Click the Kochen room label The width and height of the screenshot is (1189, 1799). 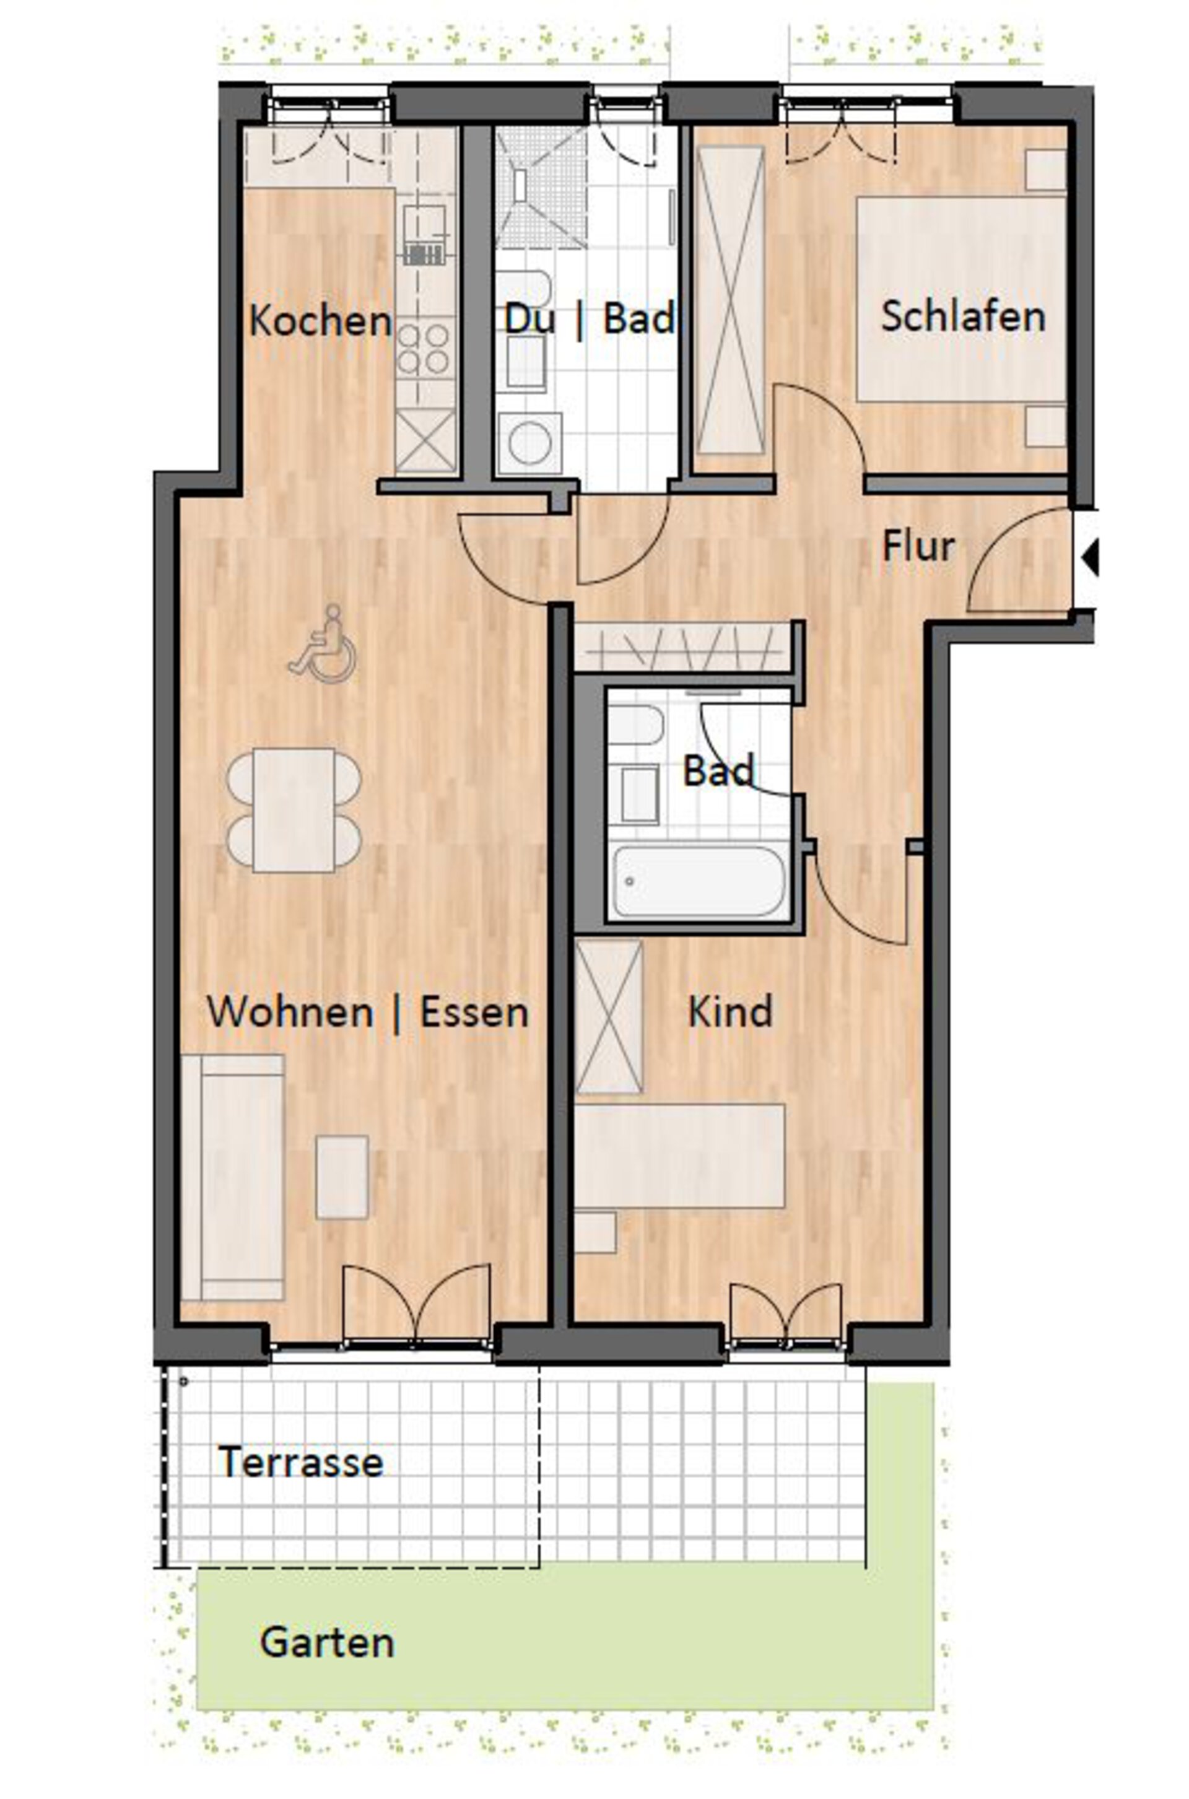coord(321,321)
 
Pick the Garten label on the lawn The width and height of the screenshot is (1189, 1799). coord(327,1643)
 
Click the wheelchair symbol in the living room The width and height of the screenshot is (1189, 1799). coord(322,643)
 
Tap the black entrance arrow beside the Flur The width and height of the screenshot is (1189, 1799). coord(1091,558)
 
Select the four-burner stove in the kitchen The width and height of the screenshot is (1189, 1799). coord(425,349)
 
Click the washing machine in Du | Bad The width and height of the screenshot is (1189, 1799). coord(529,443)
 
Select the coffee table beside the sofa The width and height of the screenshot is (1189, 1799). coord(342,1177)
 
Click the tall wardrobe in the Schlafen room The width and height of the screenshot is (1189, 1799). coord(730,301)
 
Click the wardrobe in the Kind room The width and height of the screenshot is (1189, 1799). coord(608,1017)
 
